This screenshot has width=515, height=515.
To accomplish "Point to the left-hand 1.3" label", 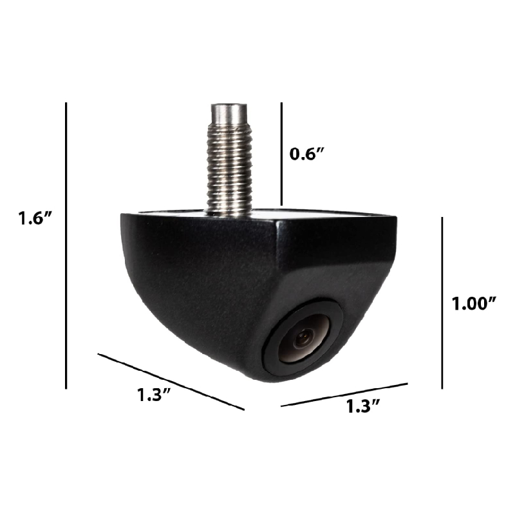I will [x=156, y=395].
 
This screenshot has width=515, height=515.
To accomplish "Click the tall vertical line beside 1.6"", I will [x=66, y=245].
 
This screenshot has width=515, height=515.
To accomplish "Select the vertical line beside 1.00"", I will [x=442, y=303].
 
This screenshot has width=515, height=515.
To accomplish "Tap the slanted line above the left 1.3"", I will [x=171, y=380].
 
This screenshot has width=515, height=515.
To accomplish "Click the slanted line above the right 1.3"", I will [x=344, y=395].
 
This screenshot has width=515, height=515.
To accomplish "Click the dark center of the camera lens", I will [x=304, y=336].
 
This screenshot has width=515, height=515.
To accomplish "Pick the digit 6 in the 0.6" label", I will [x=313, y=154].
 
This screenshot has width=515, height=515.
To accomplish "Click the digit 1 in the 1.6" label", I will [x=22, y=220].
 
